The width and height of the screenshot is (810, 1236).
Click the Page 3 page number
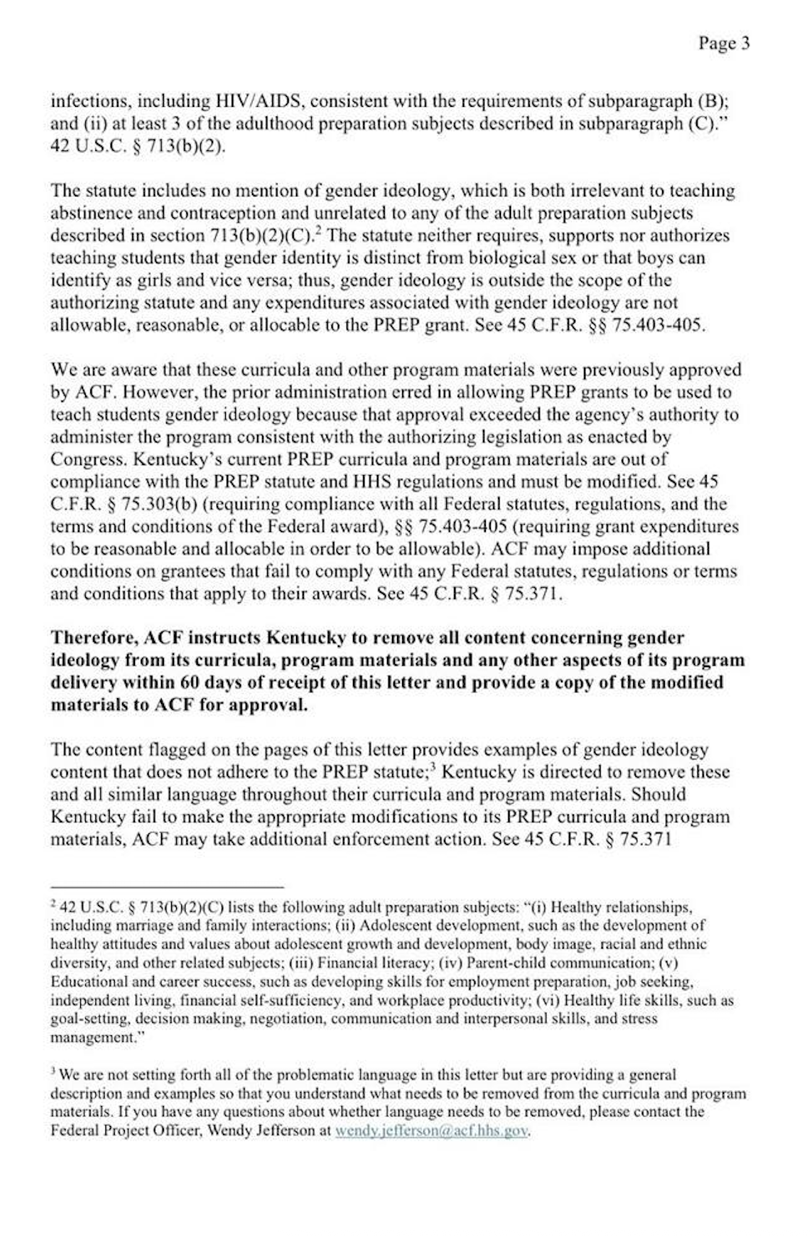click(723, 43)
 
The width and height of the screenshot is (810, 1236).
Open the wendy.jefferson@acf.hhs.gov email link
click(432, 1131)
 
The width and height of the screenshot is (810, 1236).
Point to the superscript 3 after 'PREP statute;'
click(432, 766)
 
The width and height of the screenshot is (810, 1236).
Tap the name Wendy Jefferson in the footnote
click(261, 1131)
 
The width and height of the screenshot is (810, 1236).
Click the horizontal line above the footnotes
click(167, 886)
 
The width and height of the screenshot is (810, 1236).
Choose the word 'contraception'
click(225, 214)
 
